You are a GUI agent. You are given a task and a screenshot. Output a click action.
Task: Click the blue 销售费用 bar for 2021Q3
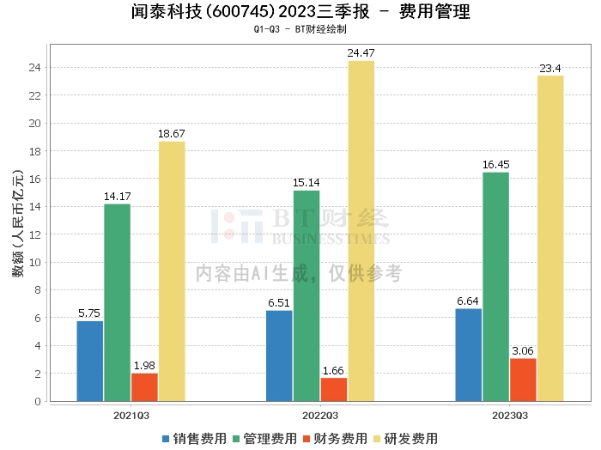90,361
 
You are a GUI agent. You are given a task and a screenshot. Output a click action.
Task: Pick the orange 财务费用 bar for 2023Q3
523,380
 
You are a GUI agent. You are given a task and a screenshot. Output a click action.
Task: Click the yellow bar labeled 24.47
361,231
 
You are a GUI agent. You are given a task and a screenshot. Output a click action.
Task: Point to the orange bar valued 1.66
333,389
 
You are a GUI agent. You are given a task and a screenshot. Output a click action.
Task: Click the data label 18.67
172,134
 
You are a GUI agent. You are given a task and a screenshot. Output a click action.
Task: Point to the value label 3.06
523,351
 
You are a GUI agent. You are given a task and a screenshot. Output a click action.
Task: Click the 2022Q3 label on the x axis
320,414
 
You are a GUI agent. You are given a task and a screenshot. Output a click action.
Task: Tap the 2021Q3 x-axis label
131,414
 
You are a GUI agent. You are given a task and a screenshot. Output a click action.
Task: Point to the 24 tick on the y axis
36,68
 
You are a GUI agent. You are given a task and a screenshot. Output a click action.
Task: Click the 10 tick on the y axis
36,263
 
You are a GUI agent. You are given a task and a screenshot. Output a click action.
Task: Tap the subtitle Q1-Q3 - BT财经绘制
300,29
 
